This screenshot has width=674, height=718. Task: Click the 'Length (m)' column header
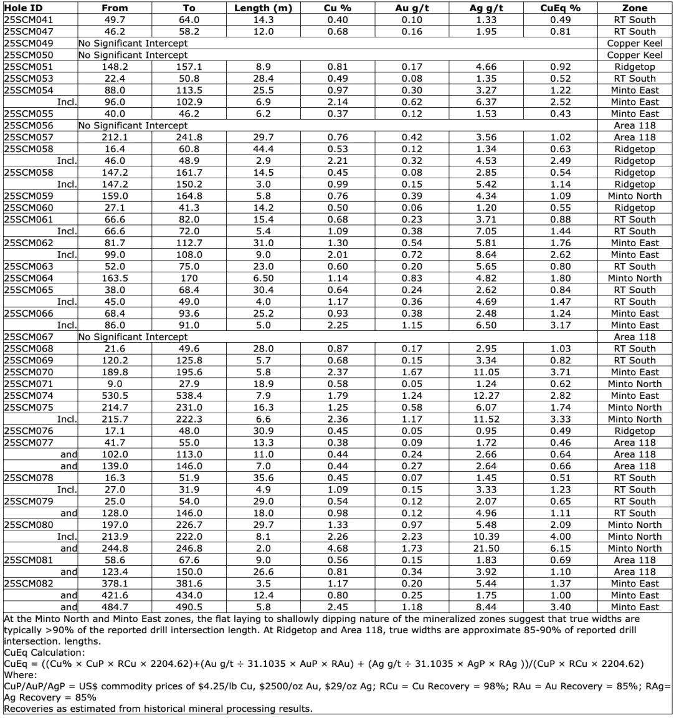click(x=263, y=8)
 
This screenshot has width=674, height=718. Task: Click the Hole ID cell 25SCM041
click(x=29, y=20)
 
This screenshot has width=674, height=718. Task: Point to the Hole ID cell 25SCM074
click(x=29, y=396)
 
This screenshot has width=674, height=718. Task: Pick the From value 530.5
click(x=114, y=396)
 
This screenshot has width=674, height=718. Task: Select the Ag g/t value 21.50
click(x=487, y=548)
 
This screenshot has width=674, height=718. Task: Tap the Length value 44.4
click(x=263, y=149)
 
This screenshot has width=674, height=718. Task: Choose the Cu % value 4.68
click(x=337, y=548)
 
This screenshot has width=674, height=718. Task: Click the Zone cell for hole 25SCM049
click(x=635, y=44)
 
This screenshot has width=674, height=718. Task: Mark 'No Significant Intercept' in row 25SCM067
click(x=133, y=337)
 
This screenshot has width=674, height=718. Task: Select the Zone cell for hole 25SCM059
click(x=635, y=196)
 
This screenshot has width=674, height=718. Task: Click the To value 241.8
click(x=189, y=137)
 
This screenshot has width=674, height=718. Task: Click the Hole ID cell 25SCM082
click(x=29, y=583)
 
